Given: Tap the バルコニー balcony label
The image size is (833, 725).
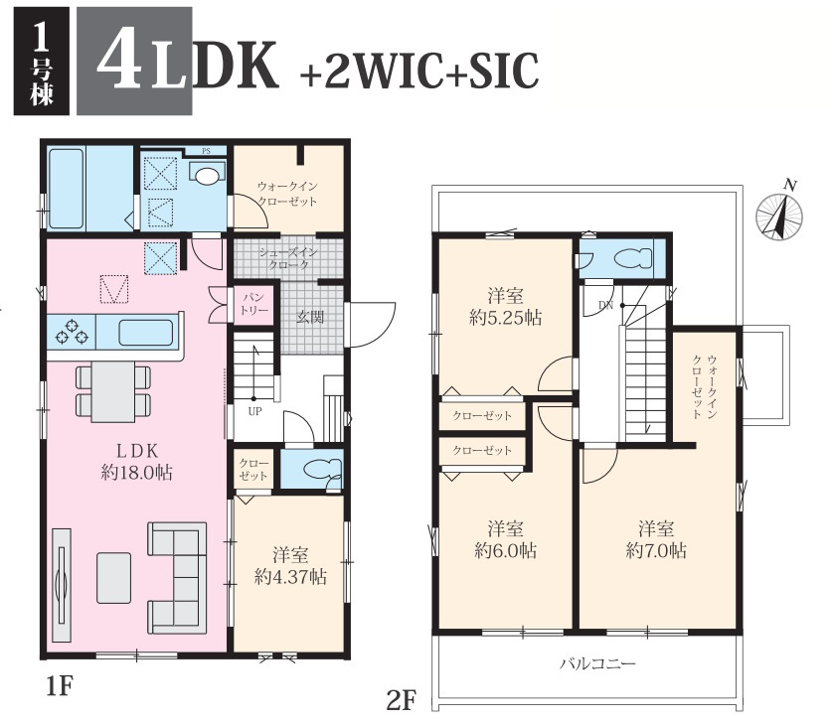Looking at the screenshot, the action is tap(597, 663).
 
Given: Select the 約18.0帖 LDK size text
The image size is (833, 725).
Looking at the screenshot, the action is tap(136, 473).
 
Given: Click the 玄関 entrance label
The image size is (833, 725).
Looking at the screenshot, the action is tap(310, 318).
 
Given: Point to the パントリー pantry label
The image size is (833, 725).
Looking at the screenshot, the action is tap(253, 304).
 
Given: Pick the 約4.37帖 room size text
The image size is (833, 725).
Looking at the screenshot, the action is tap(290, 576).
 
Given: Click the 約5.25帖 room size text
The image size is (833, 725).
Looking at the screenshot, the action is tap(505, 318).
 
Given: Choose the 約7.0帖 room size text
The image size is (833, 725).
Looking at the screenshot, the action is tap(656, 550).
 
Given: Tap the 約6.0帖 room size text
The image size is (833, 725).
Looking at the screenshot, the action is tap(505, 550).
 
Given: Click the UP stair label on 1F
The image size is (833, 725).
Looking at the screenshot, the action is tap(254, 411).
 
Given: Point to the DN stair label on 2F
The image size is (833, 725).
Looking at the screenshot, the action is tap(605, 305).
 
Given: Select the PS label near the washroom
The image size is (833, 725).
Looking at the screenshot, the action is tap(206, 151).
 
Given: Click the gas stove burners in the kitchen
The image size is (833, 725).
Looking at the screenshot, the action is tap(71, 331).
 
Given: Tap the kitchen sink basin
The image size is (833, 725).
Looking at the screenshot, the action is tap(146, 333).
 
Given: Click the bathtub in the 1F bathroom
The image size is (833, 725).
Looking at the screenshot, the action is tap(66, 189).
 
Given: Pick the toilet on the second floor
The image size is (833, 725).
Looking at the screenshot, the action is tap(632, 258).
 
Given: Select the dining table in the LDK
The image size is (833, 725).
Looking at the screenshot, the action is tap(112, 391).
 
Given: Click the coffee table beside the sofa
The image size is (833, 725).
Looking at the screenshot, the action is tap(113, 578).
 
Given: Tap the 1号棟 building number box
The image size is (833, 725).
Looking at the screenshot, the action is tap(42, 61).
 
